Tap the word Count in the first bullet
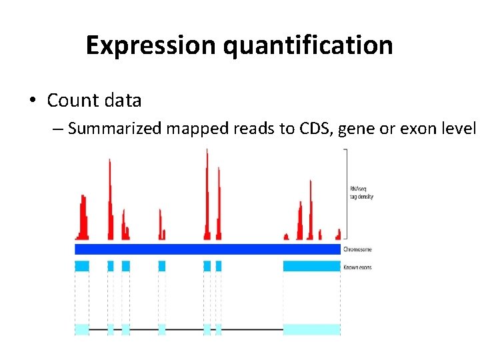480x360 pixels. (71, 101)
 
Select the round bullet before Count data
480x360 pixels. (32, 101)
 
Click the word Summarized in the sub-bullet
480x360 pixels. (115, 129)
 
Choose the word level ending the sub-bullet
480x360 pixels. (459, 129)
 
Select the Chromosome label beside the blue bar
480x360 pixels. (357, 249)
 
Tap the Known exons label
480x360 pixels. (357, 267)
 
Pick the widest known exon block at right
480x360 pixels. (311, 266)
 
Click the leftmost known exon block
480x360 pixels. (82, 266)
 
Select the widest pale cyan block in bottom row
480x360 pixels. (311, 329)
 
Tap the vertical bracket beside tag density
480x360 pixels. (345, 193)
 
